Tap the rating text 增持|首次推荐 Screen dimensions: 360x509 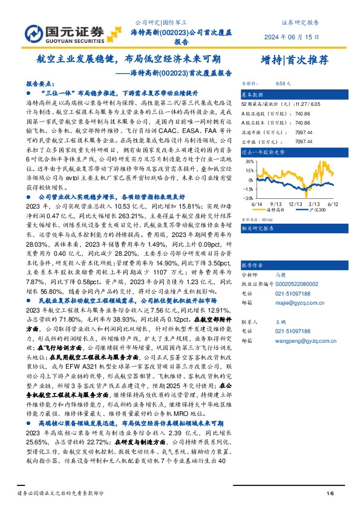coord(290,60)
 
